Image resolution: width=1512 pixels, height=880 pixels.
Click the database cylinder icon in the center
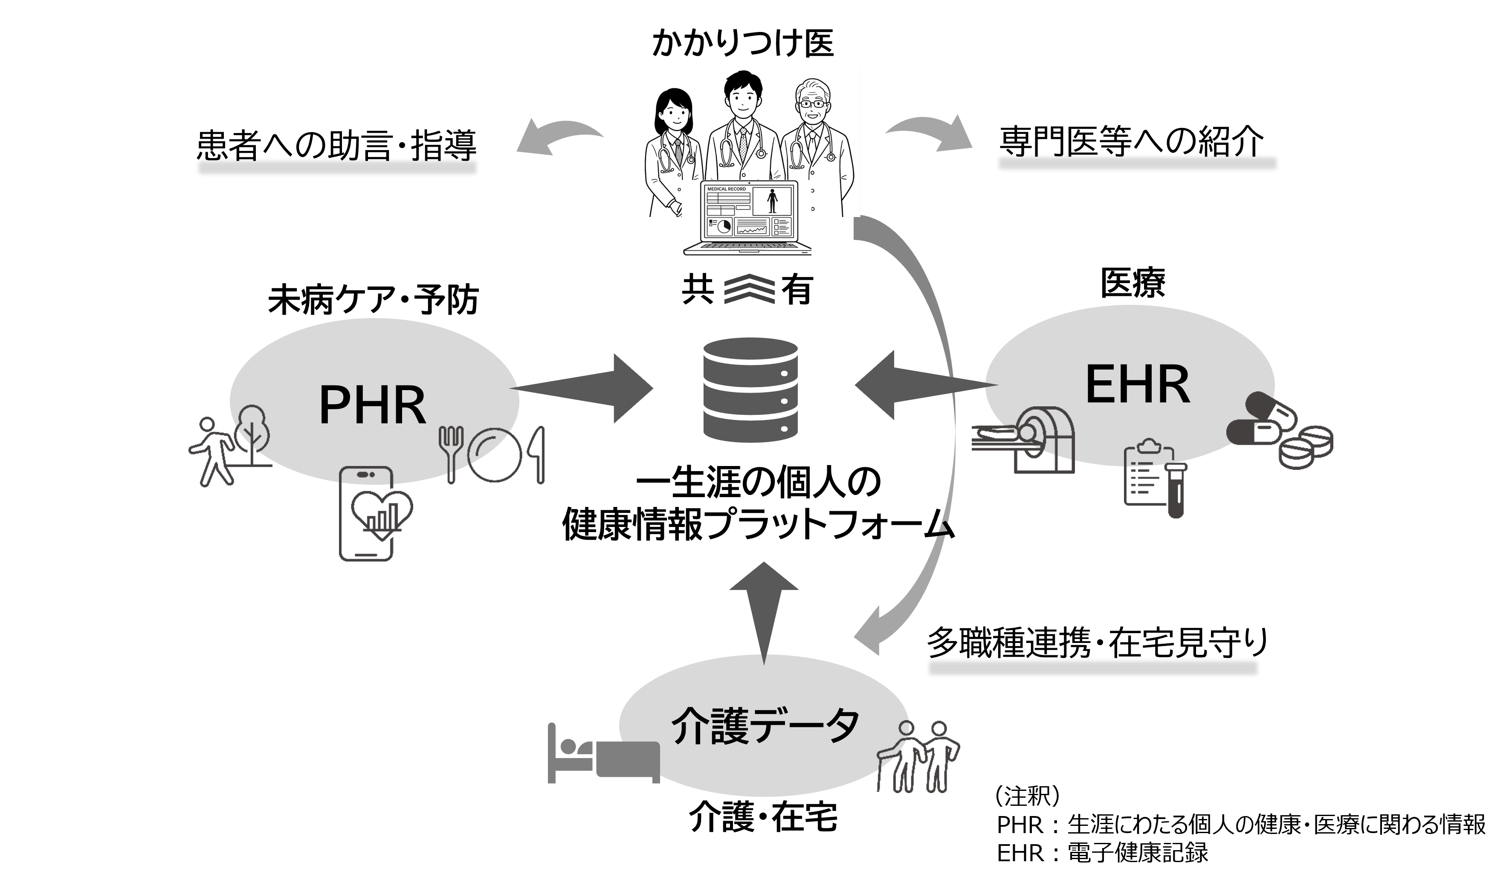click(750, 390)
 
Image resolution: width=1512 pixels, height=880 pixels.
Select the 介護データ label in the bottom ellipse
click(765, 726)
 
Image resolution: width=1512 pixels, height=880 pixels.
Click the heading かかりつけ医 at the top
click(743, 43)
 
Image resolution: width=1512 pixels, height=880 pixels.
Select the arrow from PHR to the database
click(582, 389)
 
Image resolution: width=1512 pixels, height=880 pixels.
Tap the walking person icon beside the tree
click(210, 450)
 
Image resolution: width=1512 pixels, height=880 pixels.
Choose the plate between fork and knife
click(495, 454)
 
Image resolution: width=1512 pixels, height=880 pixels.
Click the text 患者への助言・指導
click(336, 146)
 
